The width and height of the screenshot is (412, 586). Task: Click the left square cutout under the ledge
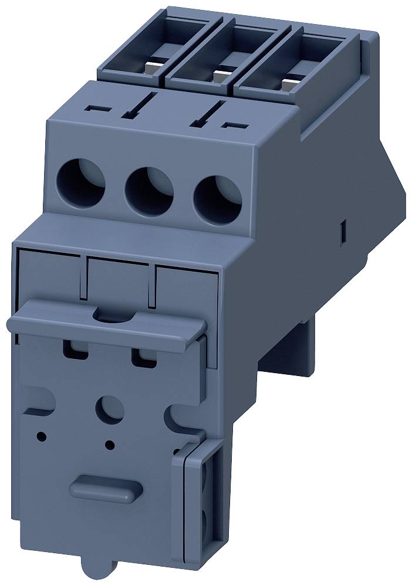tap(74, 350)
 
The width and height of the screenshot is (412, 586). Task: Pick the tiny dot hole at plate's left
tap(41, 436)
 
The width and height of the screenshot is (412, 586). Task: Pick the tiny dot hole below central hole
tap(109, 444)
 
